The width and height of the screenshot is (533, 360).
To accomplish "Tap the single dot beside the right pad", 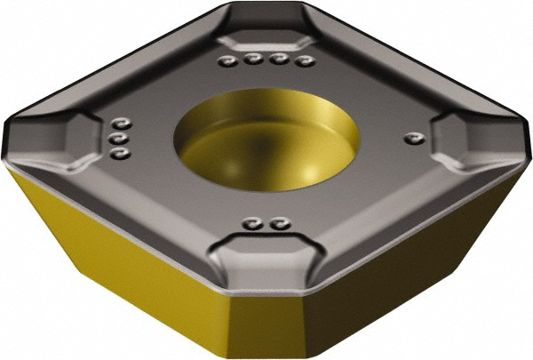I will [x=411, y=138].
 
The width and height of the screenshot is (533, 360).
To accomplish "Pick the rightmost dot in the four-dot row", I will [x=308, y=61].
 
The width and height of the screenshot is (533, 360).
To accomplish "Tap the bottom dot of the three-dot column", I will [x=122, y=154].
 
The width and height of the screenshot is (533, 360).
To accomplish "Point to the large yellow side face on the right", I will [x=418, y=267].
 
